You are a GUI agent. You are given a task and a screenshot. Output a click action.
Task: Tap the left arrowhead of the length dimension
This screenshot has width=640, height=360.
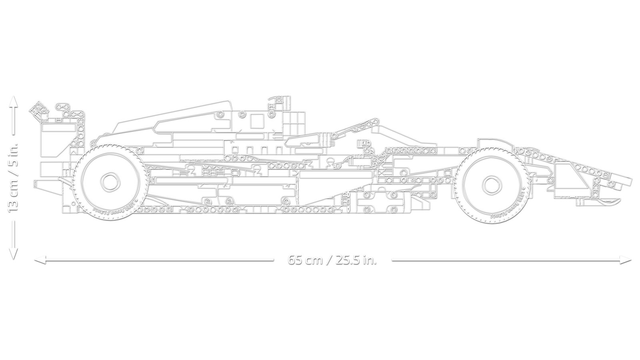point(38,260)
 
